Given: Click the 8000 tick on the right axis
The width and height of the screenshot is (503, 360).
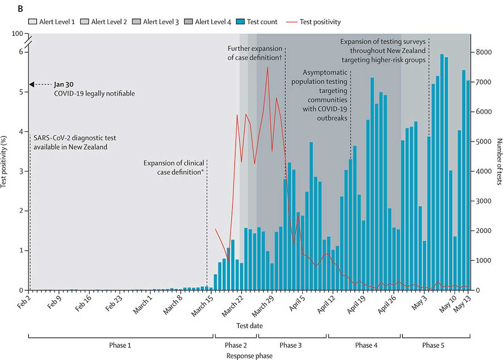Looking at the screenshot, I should [x=482, y=52].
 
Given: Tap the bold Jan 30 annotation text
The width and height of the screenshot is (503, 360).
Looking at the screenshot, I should [x=63, y=84].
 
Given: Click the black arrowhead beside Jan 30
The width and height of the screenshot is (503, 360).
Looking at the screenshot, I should [x=31, y=84].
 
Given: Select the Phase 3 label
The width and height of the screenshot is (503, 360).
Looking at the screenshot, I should [x=291, y=345].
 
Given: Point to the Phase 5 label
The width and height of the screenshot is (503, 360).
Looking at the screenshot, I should [x=434, y=345].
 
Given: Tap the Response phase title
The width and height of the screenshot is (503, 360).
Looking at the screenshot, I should [x=250, y=356].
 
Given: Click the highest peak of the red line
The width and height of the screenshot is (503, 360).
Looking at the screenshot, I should [x=268, y=67].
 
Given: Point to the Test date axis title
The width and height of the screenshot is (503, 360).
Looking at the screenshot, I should [x=249, y=326].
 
